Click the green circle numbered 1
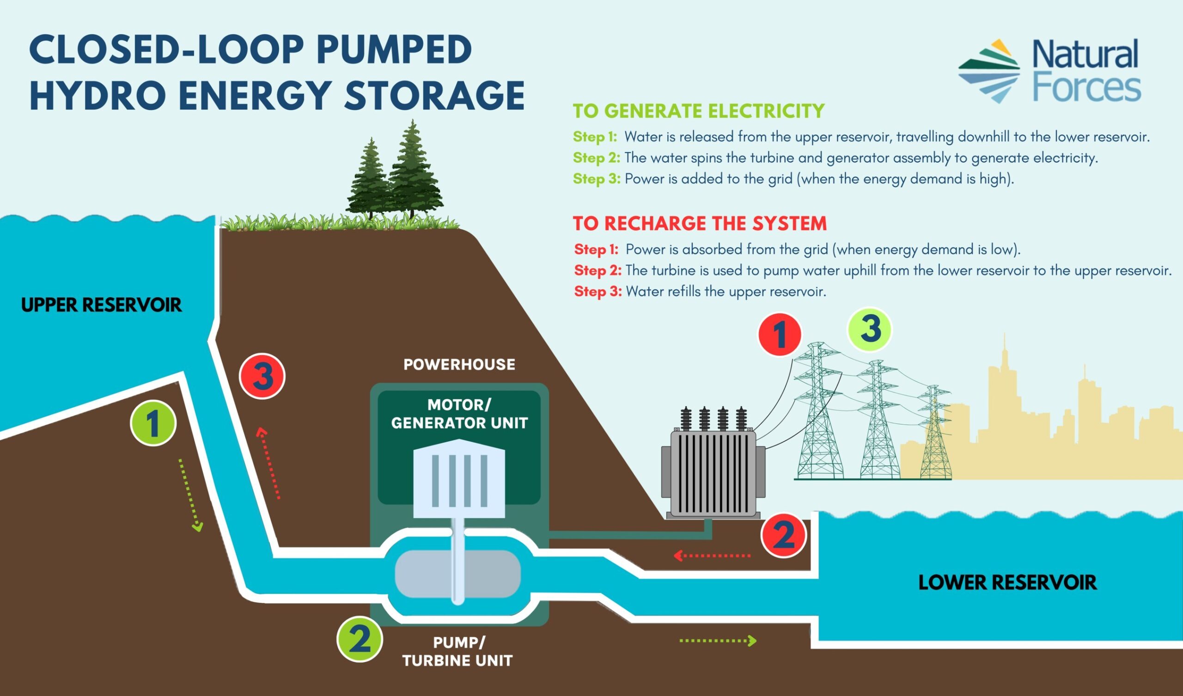(x=153, y=423)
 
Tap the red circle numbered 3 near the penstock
(x=262, y=376)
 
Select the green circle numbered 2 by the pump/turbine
(x=360, y=639)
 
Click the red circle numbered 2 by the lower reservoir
(x=783, y=535)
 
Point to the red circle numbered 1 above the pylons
(x=780, y=335)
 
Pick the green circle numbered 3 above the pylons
(x=869, y=329)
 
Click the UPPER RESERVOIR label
(x=101, y=305)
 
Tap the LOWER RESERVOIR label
(x=1007, y=582)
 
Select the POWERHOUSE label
(x=459, y=365)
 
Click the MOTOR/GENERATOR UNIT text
(x=459, y=414)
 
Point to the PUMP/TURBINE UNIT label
(x=457, y=651)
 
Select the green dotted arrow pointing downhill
(x=190, y=495)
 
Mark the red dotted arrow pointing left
(x=712, y=556)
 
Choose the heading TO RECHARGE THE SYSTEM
(x=700, y=223)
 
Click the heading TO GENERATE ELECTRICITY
(x=699, y=111)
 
